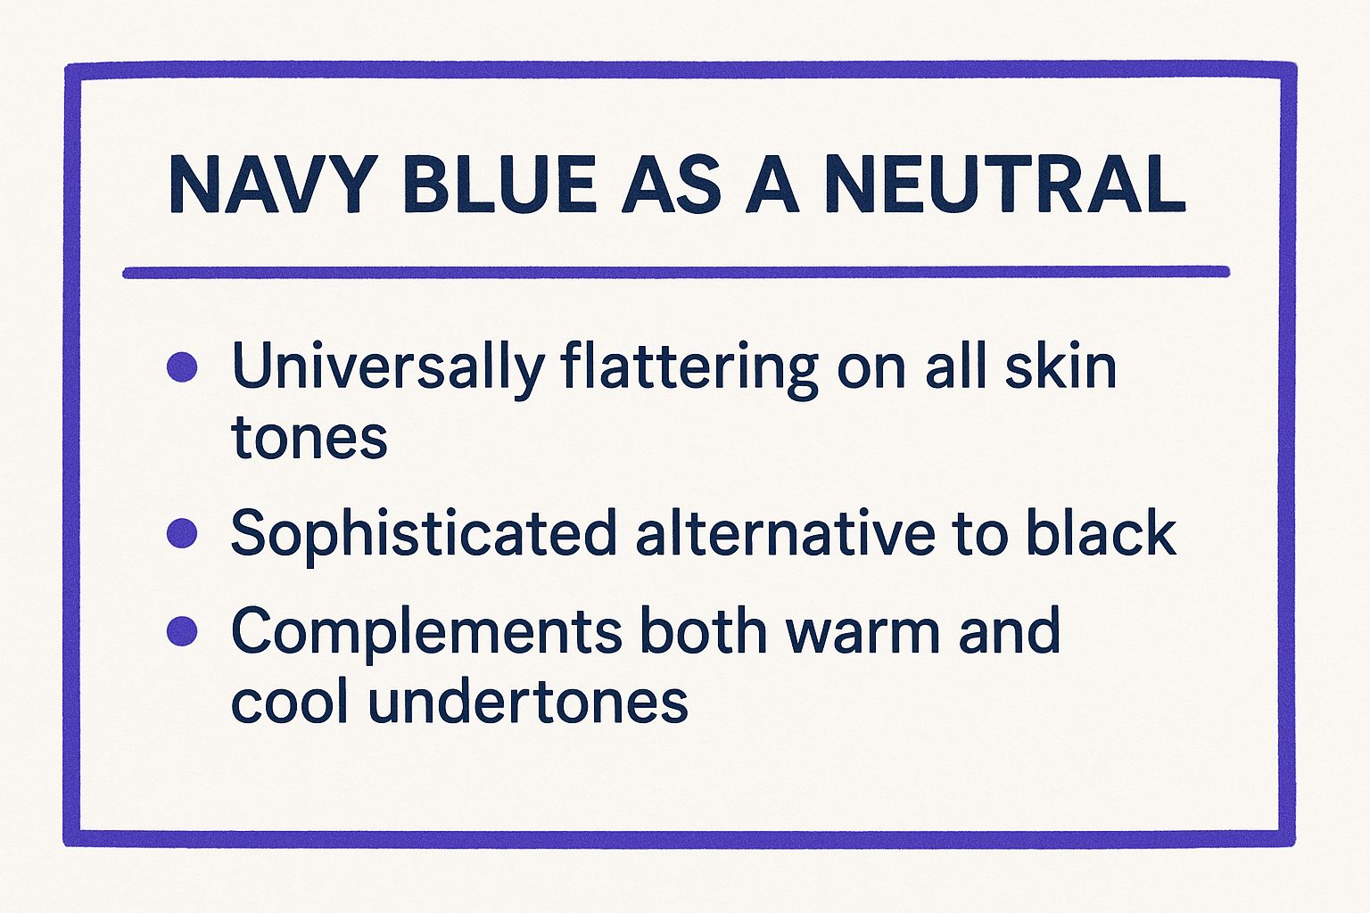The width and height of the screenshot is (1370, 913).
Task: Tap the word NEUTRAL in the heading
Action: pyautogui.click(x=1005, y=184)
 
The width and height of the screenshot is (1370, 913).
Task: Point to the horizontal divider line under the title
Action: pyautogui.click(x=676, y=272)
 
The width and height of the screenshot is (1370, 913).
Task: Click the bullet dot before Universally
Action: pyautogui.click(x=182, y=367)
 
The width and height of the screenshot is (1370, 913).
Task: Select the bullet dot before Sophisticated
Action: pyautogui.click(x=182, y=532)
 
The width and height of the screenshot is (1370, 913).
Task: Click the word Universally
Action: pyautogui.click(x=388, y=370)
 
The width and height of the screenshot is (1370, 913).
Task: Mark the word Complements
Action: pyautogui.click(x=426, y=633)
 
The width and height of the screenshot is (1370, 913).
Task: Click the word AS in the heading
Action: pyautogui.click(x=671, y=184)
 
